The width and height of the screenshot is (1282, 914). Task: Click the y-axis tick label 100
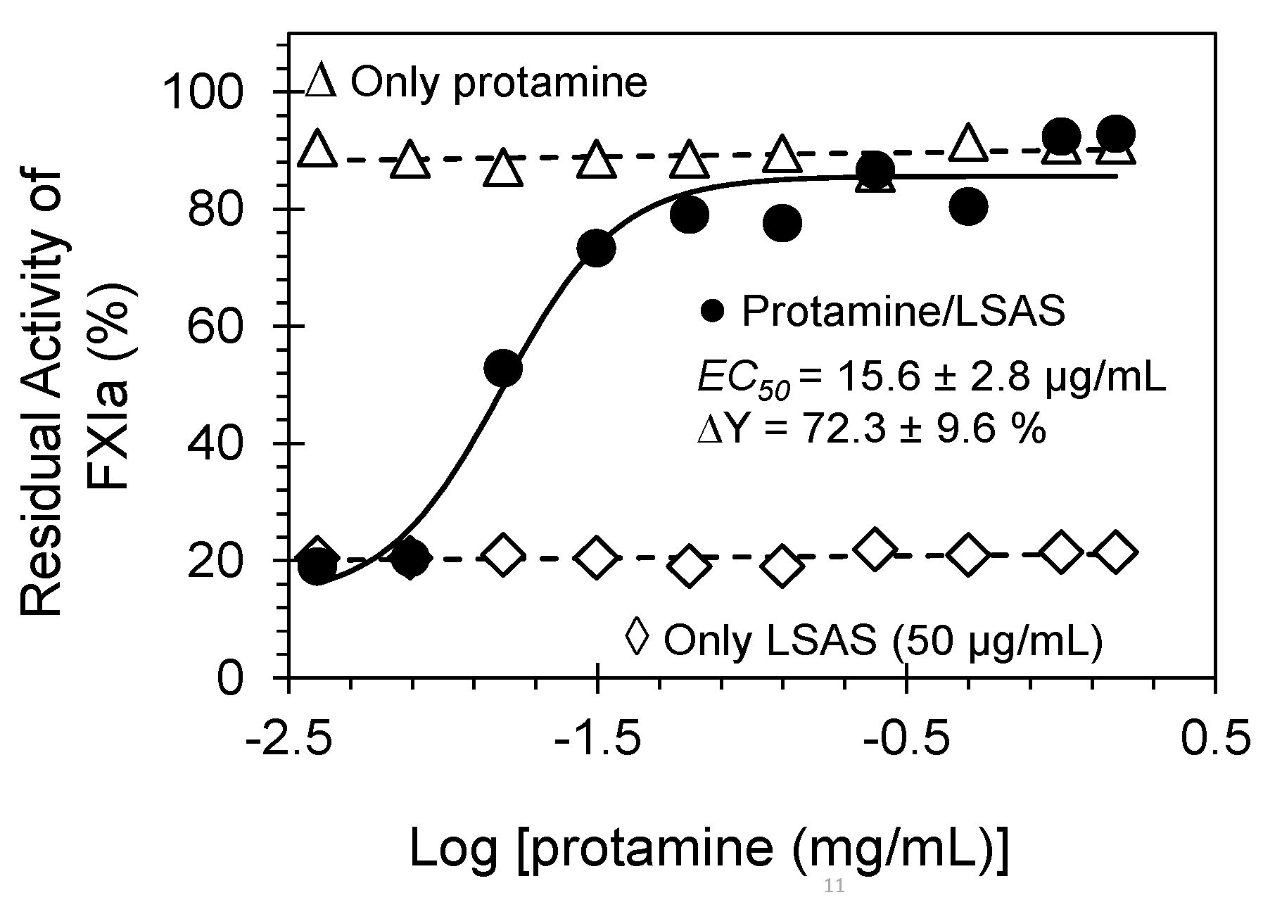point(203,93)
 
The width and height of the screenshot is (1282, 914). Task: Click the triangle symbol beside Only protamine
point(323,82)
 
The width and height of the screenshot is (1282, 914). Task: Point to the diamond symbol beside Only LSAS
point(637,637)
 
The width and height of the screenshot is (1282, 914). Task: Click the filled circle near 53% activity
point(503,368)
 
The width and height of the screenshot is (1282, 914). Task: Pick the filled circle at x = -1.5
point(596,248)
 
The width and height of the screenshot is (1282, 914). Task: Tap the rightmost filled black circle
point(1115,133)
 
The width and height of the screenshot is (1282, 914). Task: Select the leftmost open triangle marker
point(317,148)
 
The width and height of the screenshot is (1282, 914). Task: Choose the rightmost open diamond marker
point(1115,552)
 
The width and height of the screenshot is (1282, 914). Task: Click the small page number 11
point(834,886)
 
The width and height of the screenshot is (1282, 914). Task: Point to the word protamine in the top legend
point(550,82)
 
